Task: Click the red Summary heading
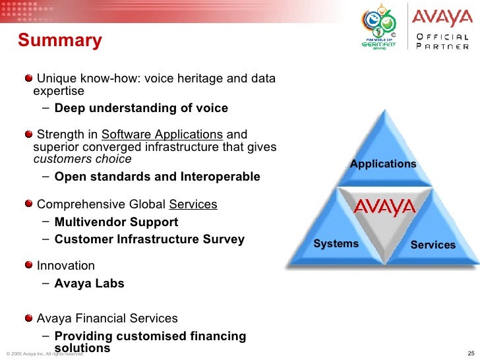60,41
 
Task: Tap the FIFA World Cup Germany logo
379,27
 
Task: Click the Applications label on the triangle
383,164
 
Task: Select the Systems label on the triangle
336,244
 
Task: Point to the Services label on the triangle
433,245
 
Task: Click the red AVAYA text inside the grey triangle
384,208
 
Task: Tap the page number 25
471,353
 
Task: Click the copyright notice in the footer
45,354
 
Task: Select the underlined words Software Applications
162,135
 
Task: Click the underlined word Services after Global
193,204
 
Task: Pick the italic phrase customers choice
82,159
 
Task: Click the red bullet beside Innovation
29,264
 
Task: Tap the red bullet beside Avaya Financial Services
29,318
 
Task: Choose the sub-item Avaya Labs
90,284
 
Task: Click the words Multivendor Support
116,222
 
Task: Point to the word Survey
224,239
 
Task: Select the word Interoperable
220,177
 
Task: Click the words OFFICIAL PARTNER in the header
442,42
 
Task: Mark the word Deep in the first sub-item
70,108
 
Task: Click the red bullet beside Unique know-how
29,78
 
